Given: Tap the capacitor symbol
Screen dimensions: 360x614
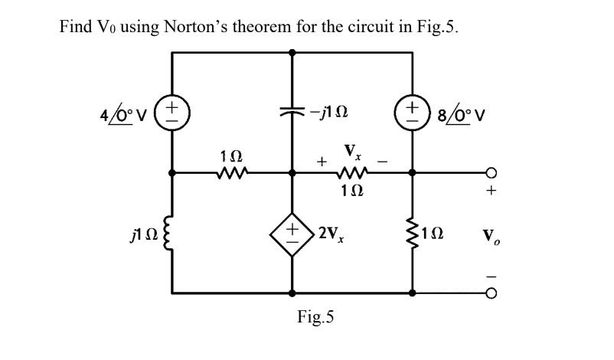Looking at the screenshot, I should [x=292, y=110].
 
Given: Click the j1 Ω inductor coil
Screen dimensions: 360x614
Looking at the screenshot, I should [x=172, y=232].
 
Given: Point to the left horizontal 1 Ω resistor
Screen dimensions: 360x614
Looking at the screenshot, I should [x=229, y=172].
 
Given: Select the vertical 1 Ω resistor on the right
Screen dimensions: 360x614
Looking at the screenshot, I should [x=413, y=232].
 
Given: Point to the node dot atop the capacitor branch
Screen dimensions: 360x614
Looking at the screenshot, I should [x=292, y=52].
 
